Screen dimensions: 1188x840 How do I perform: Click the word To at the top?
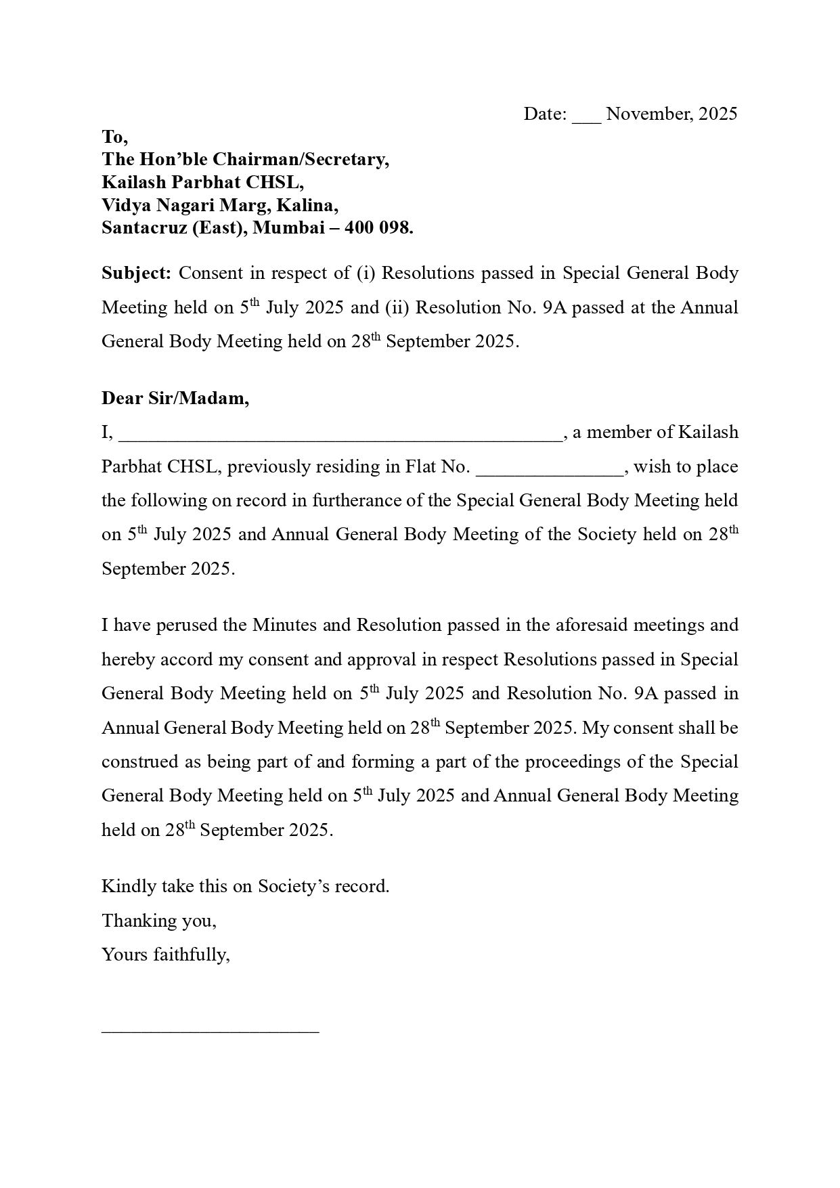tap(114, 137)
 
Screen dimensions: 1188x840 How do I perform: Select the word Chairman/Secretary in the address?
tap(301, 160)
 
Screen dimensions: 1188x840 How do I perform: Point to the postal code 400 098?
tap(378, 228)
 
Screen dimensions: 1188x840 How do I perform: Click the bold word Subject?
tap(136, 273)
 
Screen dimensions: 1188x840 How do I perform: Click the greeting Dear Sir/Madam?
tap(175, 398)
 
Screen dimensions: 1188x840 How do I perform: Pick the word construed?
tap(139, 762)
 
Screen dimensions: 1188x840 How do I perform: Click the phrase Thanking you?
tap(159, 921)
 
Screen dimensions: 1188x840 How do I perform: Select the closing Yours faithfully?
tap(166, 954)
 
